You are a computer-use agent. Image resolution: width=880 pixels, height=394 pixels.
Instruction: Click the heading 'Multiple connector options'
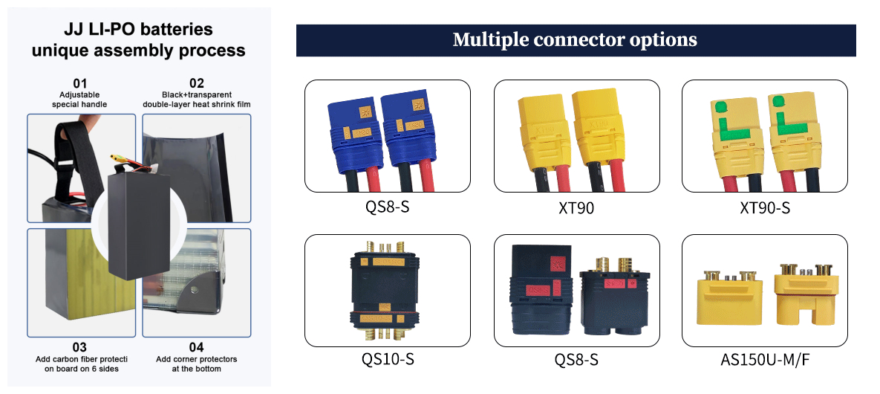575,39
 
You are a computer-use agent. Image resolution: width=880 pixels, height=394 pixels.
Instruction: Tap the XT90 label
576,208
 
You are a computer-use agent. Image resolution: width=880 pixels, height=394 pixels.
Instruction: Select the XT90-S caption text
764,208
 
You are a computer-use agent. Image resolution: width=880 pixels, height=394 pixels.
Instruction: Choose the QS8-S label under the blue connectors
387,206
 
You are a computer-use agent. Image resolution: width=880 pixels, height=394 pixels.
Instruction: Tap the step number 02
196,83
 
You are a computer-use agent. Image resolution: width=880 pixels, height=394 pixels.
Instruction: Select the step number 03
79,346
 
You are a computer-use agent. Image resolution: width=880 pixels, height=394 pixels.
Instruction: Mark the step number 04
196,346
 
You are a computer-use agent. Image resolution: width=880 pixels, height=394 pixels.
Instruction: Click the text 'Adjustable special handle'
79,100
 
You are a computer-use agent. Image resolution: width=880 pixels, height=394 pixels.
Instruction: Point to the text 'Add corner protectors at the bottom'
196,364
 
